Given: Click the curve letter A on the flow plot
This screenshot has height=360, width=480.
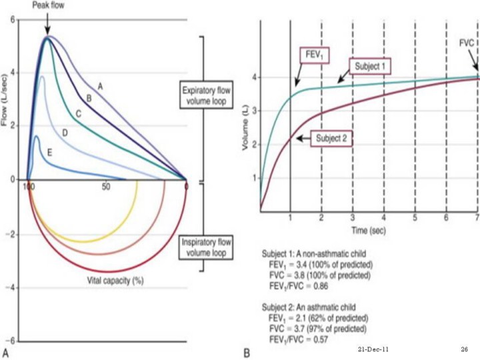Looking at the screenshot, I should click(x=101, y=86).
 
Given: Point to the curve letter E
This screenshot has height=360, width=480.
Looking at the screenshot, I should click(x=50, y=153).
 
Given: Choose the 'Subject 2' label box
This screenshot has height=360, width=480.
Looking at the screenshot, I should click(x=329, y=138).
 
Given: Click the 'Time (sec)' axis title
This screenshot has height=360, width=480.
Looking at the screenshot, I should click(x=367, y=229).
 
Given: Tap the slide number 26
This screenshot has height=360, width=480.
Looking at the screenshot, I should click(x=465, y=349).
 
